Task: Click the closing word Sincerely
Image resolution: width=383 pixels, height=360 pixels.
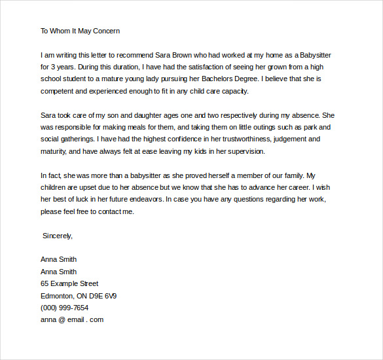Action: coord(58,236)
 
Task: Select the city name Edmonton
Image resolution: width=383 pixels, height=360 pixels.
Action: coord(59,296)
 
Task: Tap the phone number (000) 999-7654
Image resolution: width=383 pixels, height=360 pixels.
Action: coord(64,308)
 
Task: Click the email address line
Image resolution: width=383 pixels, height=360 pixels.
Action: coord(72,320)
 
